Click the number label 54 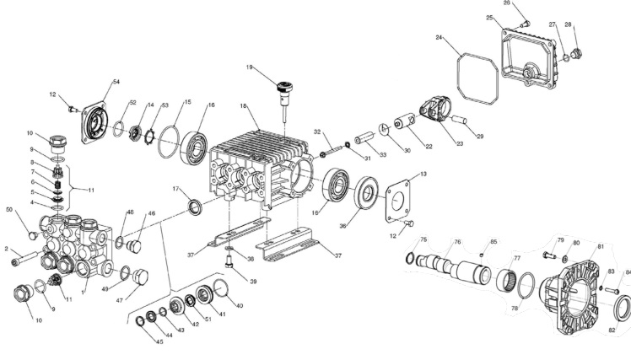(116, 81)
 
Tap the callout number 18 (243, 106)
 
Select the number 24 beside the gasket (440, 38)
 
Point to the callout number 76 (456, 242)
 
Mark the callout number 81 (600, 246)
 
